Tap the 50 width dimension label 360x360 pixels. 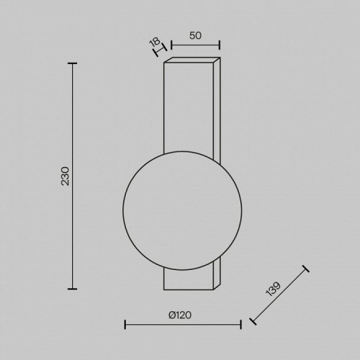tap(195, 35)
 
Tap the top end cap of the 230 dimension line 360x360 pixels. tap(71, 63)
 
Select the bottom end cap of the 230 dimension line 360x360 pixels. tap(71, 289)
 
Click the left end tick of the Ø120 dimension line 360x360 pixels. tap(125, 323)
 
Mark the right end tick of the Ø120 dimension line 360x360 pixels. tap(240, 323)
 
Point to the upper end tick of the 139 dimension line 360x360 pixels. tap(305, 269)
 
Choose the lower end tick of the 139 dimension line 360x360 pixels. tap(252, 322)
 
